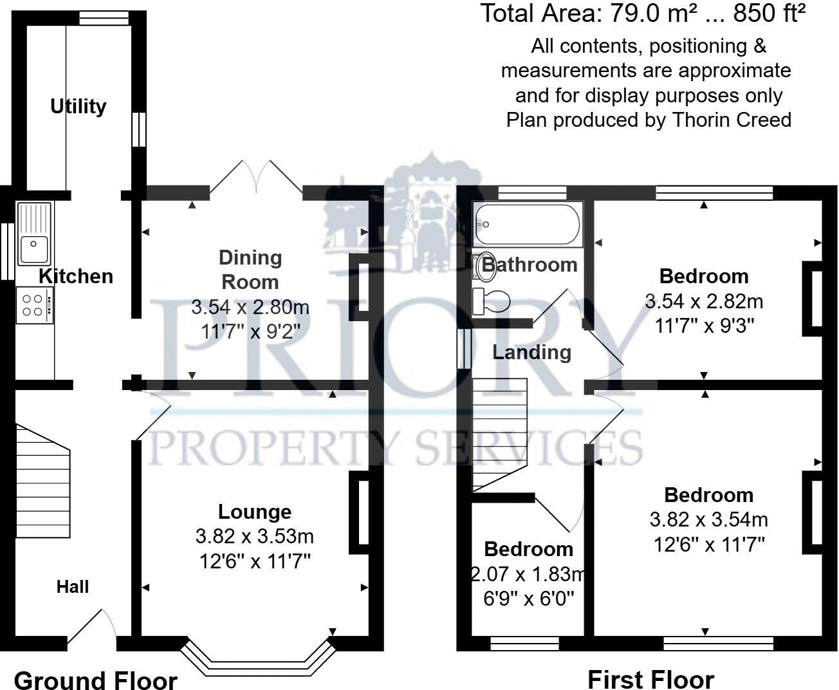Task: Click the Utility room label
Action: click(x=78, y=106)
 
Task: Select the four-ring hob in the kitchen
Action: click(x=34, y=305)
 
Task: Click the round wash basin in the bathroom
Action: click(x=485, y=266)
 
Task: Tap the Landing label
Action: click(x=531, y=352)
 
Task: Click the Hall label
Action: click(x=72, y=586)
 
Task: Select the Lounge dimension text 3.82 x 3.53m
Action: click(x=255, y=536)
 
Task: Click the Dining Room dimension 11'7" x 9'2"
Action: click(x=250, y=332)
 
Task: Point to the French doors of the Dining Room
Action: click(x=257, y=177)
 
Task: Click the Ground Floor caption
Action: click(x=95, y=680)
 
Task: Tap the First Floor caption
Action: click(x=650, y=679)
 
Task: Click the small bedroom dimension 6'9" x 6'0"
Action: click(x=528, y=599)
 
